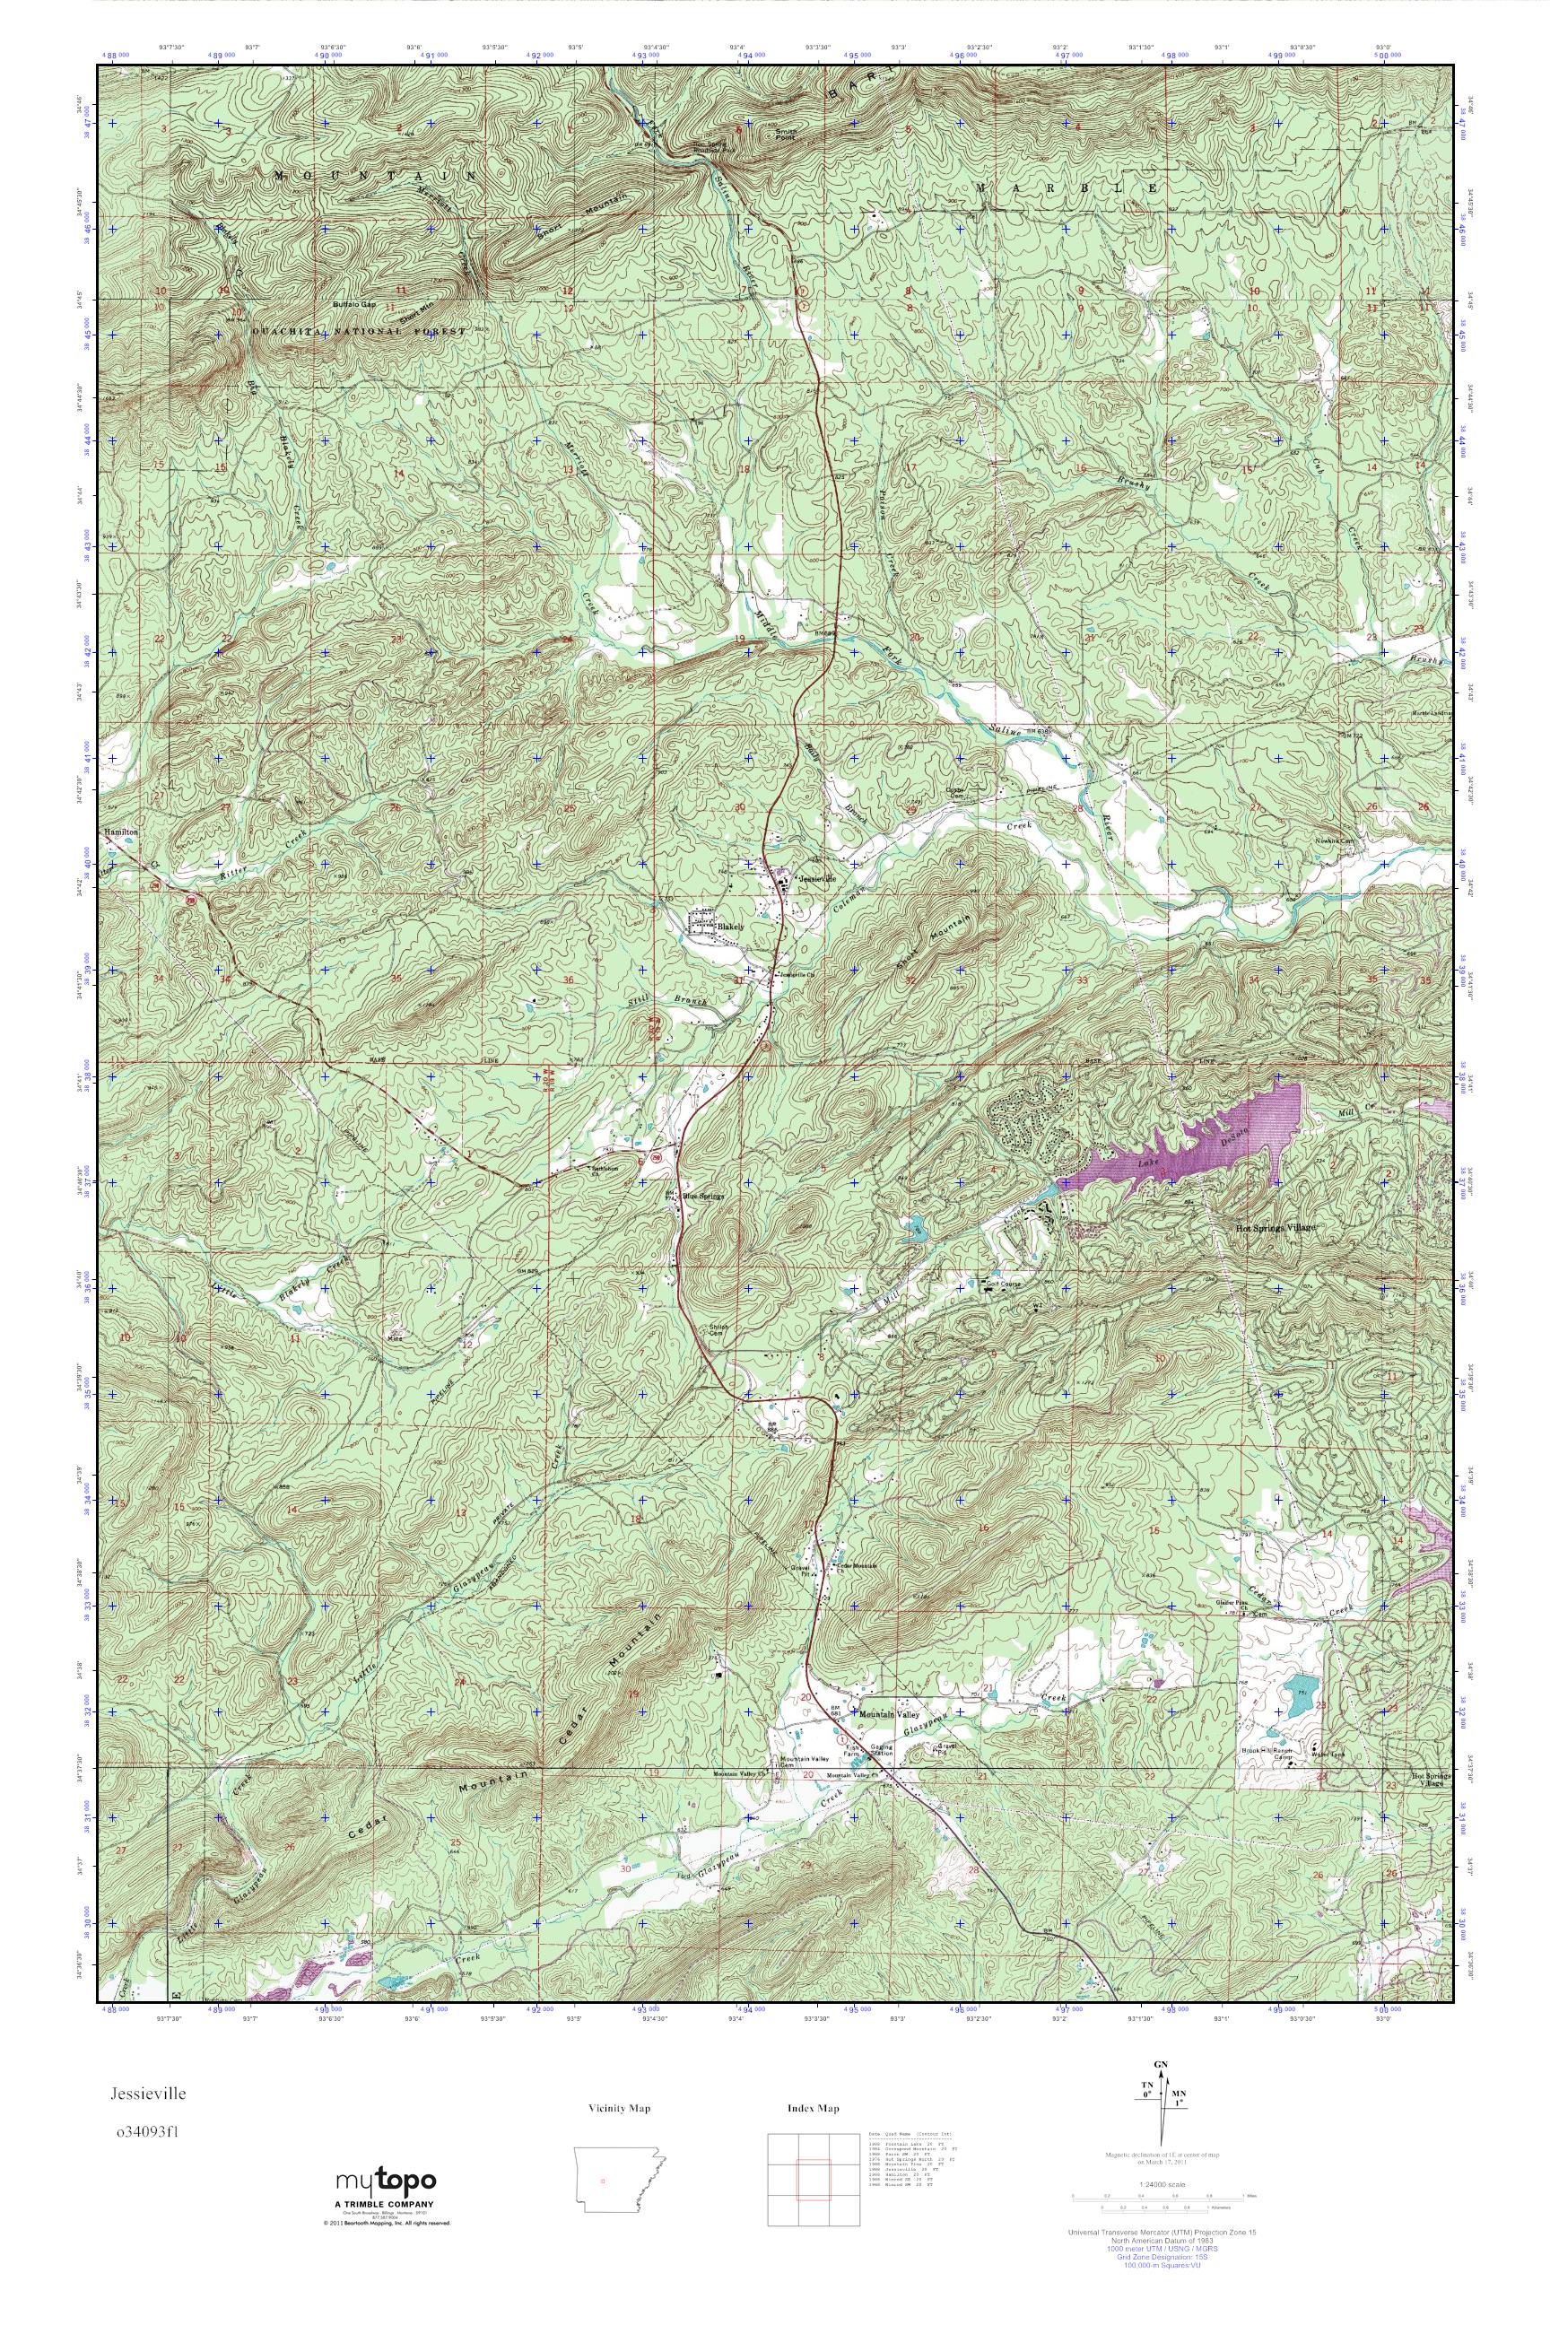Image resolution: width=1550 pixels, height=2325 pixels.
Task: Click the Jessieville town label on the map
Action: pos(816,878)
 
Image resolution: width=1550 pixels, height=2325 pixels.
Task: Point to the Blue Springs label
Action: pos(704,1194)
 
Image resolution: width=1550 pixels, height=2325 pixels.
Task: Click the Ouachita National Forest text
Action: pos(358,332)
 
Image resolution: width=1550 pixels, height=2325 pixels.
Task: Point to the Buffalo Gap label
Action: pos(355,304)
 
